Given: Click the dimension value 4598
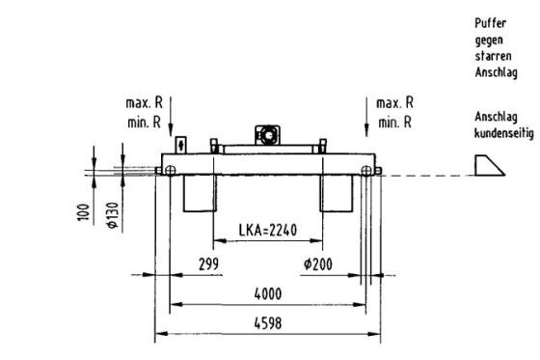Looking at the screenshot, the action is point(268,323).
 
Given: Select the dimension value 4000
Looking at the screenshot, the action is point(268,294).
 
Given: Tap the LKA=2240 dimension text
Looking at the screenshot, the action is point(268,230).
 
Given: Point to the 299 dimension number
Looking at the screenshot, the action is point(208,264).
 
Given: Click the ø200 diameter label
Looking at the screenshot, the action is point(318,264).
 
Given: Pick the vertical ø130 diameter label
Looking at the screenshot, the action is point(113,215).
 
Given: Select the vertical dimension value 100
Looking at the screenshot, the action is point(83,212).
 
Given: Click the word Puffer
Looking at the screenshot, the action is point(491,23).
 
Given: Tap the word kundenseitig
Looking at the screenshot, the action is point(503,133).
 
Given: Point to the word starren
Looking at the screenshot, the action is point(493,56).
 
